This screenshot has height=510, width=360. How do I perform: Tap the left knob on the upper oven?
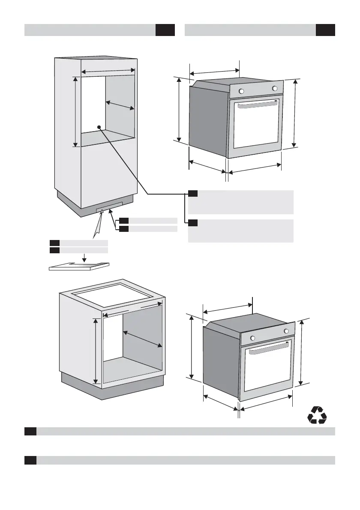click(241, 91)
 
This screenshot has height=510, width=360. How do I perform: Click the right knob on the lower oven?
click(286, 331)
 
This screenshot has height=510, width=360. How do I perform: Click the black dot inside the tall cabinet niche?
click(99, 127)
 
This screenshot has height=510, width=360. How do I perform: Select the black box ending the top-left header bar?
click(165, 30)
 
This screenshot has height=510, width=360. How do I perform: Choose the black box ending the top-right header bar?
click(325, 30)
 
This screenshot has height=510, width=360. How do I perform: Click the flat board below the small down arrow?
click(79, 266)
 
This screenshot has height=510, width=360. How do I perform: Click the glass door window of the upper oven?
click(256, 124)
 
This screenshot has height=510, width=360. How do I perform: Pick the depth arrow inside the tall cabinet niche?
click(120, 105)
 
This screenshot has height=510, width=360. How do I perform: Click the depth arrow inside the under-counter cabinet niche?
click(143, 339)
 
